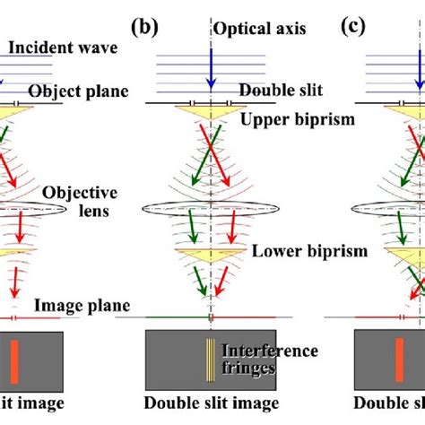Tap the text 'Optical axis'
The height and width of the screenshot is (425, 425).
260,30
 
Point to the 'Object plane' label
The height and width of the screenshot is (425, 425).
79,91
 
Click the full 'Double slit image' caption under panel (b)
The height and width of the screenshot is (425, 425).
212,403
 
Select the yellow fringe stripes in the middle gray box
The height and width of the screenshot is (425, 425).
211,358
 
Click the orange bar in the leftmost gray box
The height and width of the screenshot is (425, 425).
14,358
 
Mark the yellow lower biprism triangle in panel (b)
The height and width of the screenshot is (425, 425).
209,259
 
